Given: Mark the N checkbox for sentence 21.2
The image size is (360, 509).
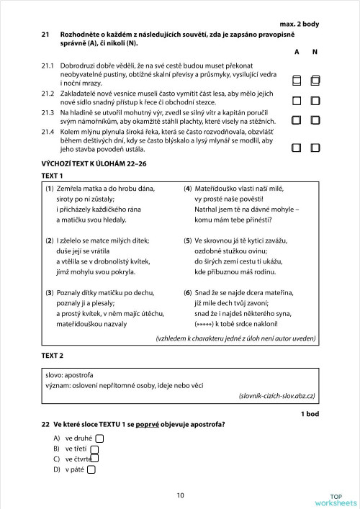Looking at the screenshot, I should click(315, 101).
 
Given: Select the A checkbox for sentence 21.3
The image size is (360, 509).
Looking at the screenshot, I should click(297, 120).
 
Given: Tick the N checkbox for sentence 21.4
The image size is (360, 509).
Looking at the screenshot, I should click(315, 148).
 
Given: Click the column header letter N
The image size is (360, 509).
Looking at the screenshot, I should click(315, 53).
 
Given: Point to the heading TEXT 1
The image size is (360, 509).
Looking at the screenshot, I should click(52, 176).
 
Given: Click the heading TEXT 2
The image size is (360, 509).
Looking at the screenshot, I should click(52, 356).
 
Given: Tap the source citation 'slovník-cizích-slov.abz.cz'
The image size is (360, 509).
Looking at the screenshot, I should click(276, 396).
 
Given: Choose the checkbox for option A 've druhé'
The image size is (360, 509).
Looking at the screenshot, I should click(99, 438).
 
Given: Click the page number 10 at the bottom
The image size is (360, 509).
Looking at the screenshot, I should click(179, 495).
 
